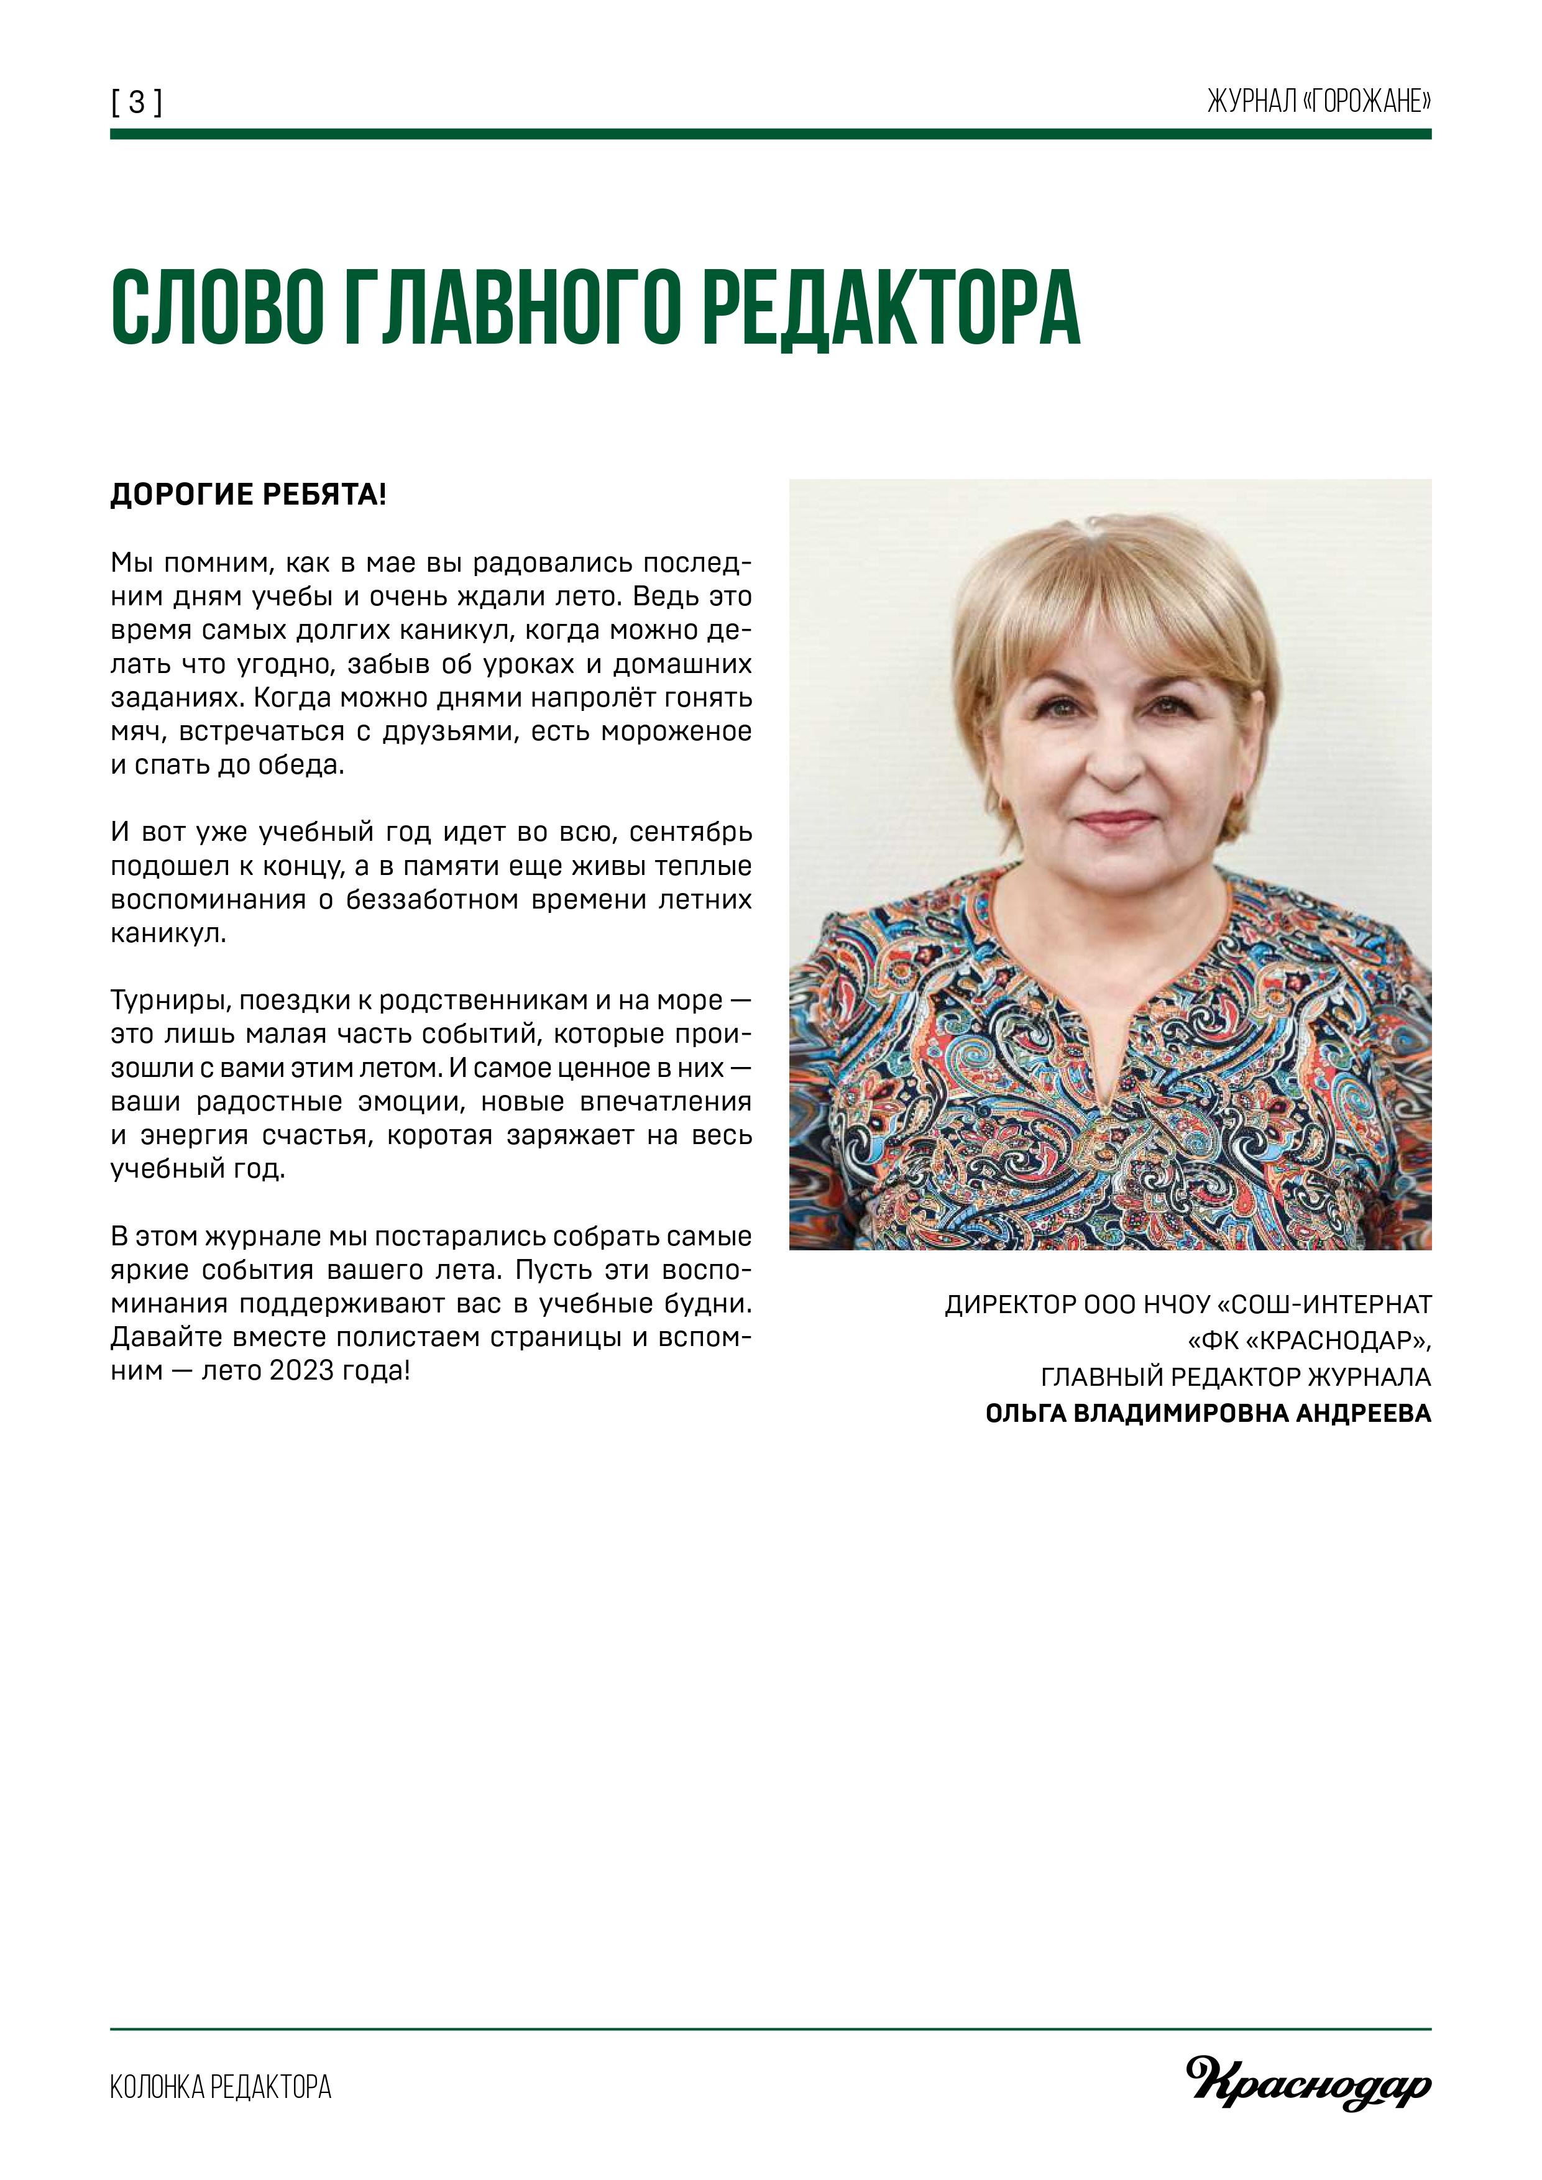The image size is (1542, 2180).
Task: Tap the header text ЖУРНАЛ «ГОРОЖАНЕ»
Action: [x=1318, y=101]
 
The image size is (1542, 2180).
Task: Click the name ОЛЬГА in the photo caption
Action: [x=1024, y=1414]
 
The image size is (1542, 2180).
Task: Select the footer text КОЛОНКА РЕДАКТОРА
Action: [x=220, y=2087]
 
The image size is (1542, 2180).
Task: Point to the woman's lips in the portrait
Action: [x=1113, y=818]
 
